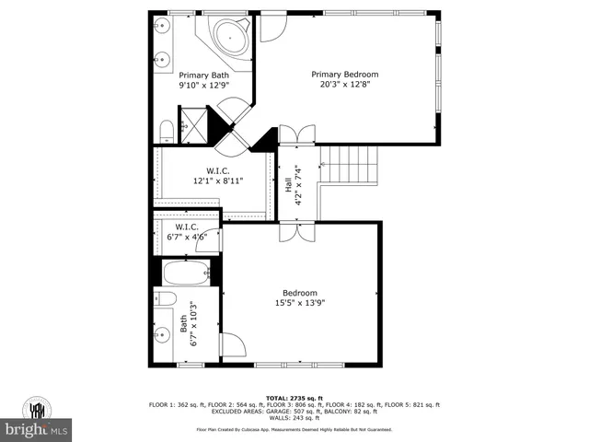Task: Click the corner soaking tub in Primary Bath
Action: click(x=226, y=39)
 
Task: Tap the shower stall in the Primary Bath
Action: click(x=192, y=123)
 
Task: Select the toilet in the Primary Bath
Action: click(x=166, y=129)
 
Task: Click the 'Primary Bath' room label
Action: click(x=203, y=76)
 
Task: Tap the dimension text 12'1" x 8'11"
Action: click(x=217, y=181)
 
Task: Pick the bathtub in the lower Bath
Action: click(x=188, y=273)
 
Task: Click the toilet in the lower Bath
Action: click(x=165, y=298)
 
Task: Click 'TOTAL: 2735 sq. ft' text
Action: click(x=294, y=398)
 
